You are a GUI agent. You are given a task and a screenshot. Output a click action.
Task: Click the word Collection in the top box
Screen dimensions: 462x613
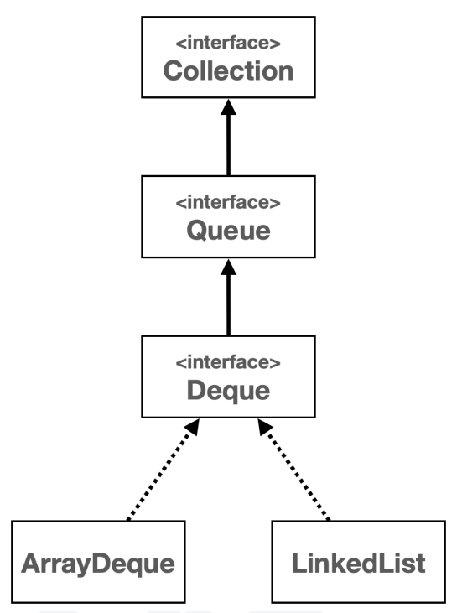[x=228, y=70]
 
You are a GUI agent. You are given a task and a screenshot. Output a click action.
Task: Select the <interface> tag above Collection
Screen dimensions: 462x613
[x=228, y=43]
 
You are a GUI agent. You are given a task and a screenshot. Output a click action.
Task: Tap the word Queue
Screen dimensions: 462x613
[x=228, y=231]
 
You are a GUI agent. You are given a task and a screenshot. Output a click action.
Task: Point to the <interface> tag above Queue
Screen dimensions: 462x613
[x=228, y=202]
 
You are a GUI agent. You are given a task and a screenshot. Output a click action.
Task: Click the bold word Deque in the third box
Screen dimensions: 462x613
[x=228, y=391]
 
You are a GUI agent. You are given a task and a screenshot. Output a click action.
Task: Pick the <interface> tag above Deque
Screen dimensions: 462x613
[x=228, y=362]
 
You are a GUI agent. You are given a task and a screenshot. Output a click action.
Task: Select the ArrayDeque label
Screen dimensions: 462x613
[x=98, y=564]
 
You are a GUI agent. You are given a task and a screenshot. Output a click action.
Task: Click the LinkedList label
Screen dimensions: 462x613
[x=358, y=563]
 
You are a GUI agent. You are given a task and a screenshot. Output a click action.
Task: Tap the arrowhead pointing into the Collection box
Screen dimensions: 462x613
[x=228, y=106]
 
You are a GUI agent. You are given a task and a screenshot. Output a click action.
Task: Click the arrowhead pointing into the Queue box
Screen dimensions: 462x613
[x=228, y=267]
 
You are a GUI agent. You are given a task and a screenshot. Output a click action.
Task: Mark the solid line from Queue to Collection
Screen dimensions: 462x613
[x=228, y=145]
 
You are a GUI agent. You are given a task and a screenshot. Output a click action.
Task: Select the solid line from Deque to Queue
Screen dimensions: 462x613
[x=228, y=305]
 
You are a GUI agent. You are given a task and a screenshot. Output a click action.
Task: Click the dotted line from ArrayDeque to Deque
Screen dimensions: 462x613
[x=158, y=476]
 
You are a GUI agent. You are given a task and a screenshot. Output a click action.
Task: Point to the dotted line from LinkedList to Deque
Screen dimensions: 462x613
[x=299, y=476]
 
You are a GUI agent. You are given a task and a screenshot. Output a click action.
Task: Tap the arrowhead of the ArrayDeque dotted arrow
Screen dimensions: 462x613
[x=193, y=427]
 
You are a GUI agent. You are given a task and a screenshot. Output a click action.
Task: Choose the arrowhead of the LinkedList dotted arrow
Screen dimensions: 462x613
[x=265, y=427]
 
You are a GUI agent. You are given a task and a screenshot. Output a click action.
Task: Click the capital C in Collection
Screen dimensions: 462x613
[x=174, y=70]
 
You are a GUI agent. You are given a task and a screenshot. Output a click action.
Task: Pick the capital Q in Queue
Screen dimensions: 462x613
[x=197, y=230]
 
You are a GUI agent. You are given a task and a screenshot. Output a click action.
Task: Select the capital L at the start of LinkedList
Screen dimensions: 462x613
[x=299, y=563]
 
